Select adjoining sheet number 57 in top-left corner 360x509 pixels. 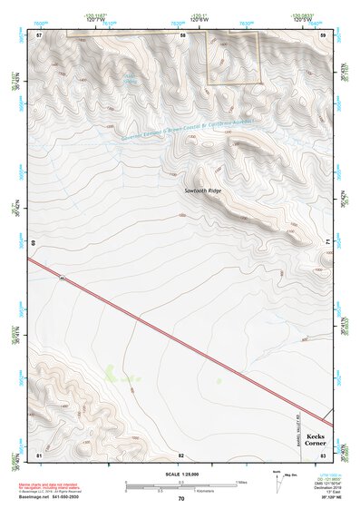click(39, 34)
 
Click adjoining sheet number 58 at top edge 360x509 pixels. click(182, 34)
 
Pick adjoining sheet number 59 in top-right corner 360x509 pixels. click(324, 34)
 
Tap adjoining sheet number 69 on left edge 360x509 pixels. click(34, 243)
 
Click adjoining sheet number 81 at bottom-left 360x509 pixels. click(39, 454)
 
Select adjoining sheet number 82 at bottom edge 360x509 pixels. click(181, 454)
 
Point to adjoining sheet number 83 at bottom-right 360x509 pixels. click(324, 454)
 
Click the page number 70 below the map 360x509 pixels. click(181, 499)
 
